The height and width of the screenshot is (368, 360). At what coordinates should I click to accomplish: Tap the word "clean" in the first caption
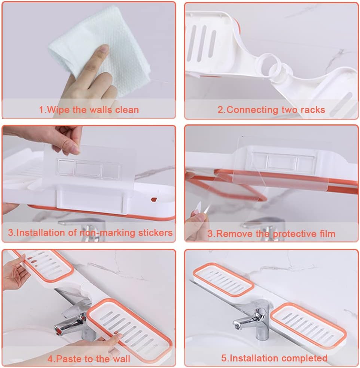click(x=127, y=109)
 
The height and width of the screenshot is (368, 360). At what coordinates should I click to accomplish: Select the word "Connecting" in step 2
click(x=252, y=110)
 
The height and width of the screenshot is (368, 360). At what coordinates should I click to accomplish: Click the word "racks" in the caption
click(x=313, y=109)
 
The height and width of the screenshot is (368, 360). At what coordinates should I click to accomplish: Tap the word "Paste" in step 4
click(x=69, y=359)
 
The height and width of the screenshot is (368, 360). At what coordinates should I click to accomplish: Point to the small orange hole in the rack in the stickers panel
click(x=154, y=200)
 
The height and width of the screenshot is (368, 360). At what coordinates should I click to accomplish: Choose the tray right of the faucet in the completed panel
click(x=308, y=325)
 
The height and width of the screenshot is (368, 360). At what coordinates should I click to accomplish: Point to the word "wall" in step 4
click(x=121, y=359)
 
